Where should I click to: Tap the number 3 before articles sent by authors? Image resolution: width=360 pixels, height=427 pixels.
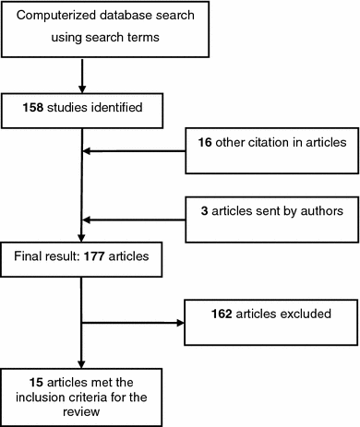click(204, 211)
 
